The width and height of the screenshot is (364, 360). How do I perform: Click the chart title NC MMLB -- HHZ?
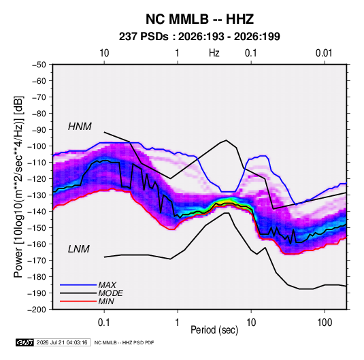click(x=199, y=19)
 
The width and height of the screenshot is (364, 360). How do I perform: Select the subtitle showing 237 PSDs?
click(x=199, y=37)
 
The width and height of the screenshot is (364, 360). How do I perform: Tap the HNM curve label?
click(x=80, y=127)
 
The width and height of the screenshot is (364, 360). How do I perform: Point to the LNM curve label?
click(x=79, y=249)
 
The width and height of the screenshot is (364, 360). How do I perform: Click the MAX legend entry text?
click(x=107, y=285)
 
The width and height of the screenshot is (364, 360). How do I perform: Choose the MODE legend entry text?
click(x=110, y=293)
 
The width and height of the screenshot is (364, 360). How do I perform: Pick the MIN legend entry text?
click(x=106, y=301)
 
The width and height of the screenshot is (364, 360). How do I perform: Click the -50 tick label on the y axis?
click(x=39, y=65)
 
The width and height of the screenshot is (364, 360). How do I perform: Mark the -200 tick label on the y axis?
click(x=37, y=310)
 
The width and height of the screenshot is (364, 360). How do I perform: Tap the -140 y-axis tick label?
click(x=37, y=212)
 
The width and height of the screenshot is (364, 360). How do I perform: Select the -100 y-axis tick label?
click(x=37, y=146)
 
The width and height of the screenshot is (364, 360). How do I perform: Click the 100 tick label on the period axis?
click(x=325, y=323)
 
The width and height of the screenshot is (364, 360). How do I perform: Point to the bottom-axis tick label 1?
click(x=178, y=323)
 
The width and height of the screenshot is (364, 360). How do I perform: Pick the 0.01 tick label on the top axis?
click(x=324, y=53)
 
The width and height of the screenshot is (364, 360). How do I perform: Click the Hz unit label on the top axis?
click(x=214, y=53)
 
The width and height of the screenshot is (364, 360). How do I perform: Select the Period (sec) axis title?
click(x=214, y=330)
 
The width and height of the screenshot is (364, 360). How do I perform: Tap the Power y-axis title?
click(x=18, y=187)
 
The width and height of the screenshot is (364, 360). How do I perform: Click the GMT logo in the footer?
click(x=24, y=342)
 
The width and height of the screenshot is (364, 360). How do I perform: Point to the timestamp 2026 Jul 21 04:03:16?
click(x=62, y=342)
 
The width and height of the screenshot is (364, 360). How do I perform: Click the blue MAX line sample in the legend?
click(x=78, y=285)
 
